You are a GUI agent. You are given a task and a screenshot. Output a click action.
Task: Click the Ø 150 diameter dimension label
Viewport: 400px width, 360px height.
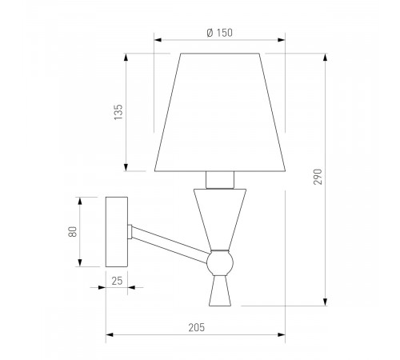219,32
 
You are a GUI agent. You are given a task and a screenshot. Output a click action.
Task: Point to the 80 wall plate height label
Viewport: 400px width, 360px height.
72,232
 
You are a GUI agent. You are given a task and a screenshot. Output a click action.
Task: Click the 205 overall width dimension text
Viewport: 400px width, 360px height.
197,327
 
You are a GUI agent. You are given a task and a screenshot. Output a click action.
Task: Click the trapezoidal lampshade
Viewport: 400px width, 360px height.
220,112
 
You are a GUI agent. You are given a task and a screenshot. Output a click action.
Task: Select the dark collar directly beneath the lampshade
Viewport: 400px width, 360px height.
220,178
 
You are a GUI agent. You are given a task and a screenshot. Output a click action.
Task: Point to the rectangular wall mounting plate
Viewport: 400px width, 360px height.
117,232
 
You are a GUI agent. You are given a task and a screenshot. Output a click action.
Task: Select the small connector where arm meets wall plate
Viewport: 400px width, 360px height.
130,231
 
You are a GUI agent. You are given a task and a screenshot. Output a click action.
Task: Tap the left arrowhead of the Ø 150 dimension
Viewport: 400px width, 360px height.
157,40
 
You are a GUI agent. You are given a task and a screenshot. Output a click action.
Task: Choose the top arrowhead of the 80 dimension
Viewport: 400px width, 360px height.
82,199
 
